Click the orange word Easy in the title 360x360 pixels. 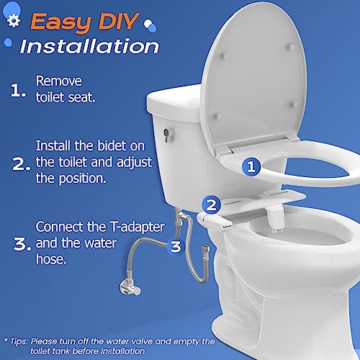(60, 22)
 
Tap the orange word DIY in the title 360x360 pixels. (118, 21)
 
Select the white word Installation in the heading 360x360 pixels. (89, 46)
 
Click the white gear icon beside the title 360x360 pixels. (14, 21)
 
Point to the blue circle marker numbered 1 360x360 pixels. (251, 166)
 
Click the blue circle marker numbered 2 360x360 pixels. (211, 205)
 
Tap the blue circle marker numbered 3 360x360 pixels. (176, 246)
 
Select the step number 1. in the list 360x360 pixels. (18, 91)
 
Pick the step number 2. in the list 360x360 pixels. (21, 165)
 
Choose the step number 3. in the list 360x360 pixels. (22, 244)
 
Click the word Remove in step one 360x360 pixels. (59, 81)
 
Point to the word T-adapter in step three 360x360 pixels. (138, 227)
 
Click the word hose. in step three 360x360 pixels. (51, 259)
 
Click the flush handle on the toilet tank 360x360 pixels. (168, 135)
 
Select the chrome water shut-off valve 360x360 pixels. (130, 287)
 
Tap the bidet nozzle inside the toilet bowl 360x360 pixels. (274, 217)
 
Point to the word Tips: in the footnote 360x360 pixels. (19, 341)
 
